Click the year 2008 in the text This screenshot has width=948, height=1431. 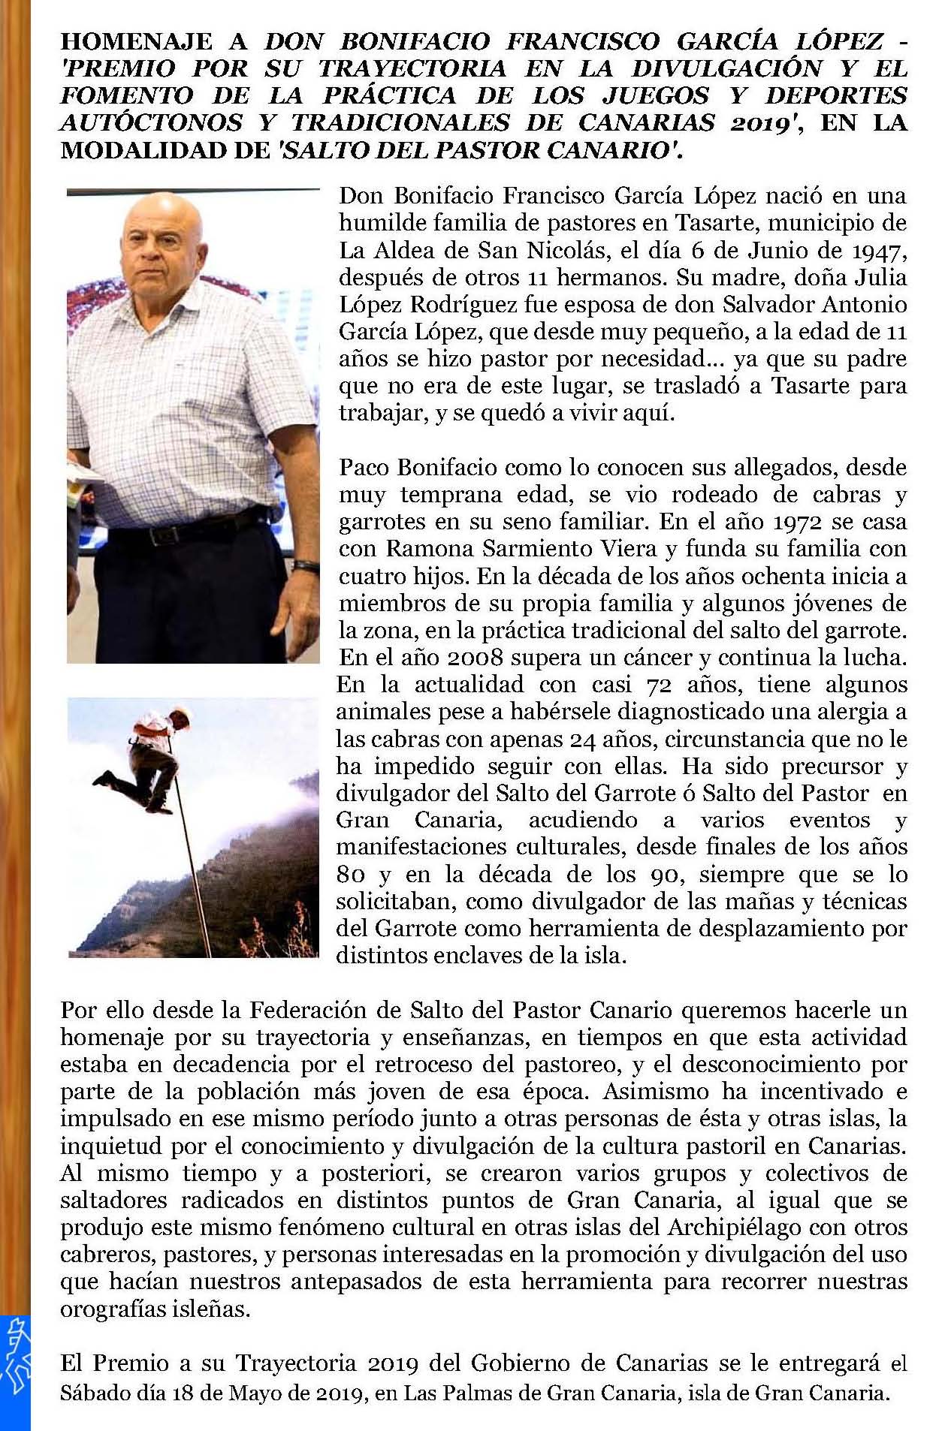click(476, 657)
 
